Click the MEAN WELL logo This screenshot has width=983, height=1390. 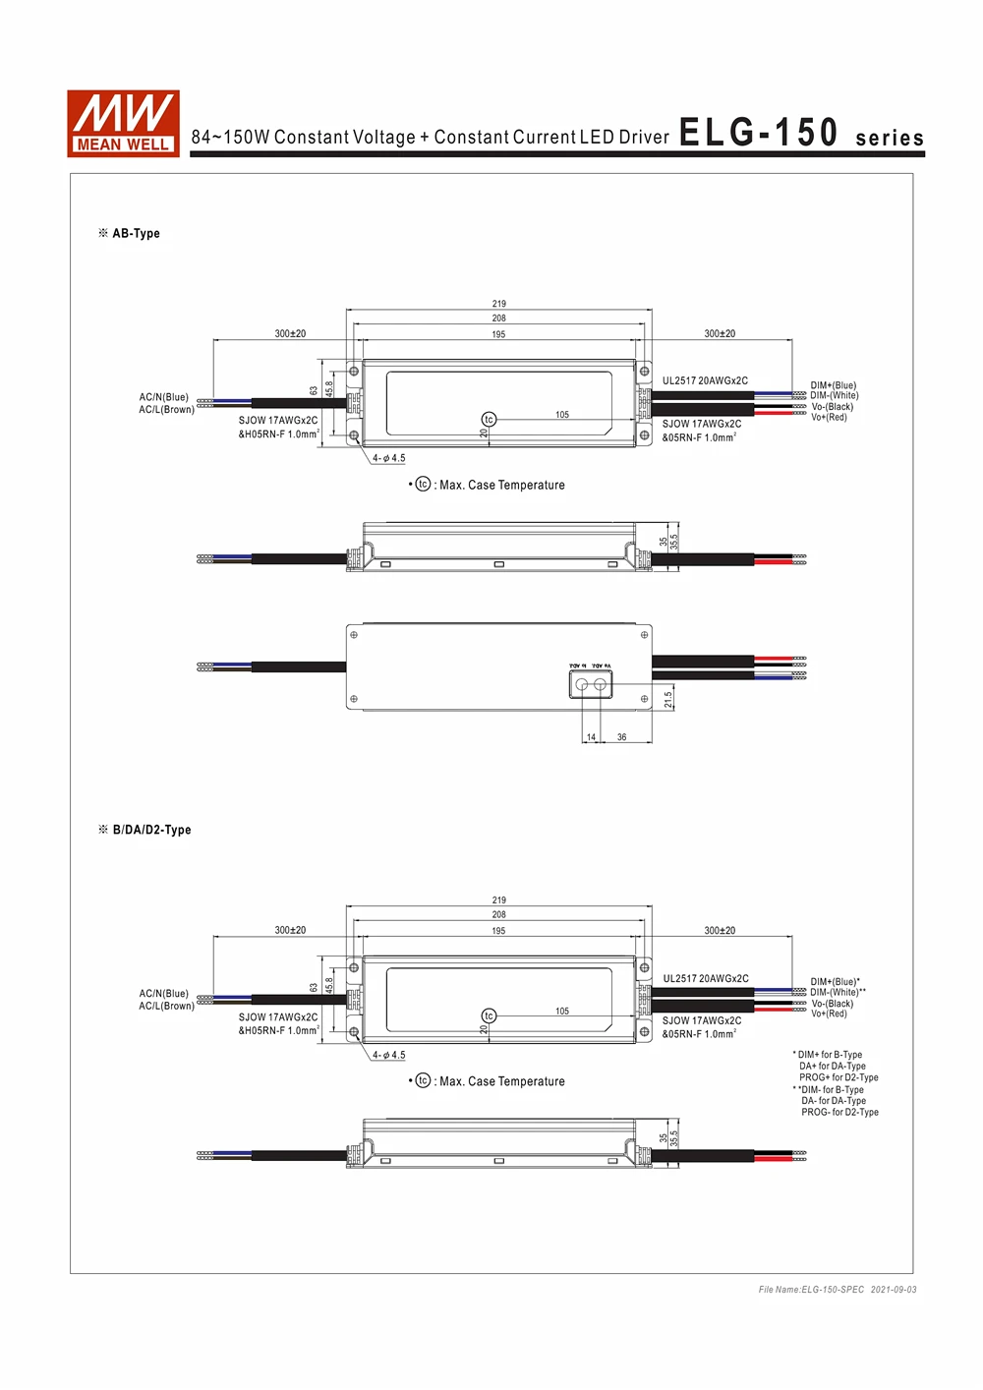[x=123, y=124]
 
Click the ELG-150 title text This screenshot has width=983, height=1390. [x=758, y=133]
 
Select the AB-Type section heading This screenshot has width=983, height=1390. [x=136, y=234]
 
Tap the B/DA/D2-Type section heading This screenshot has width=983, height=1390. [x=151, y=830]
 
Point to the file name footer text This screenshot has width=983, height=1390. [x=837, y=1290]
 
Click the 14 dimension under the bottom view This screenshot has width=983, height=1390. [x=591, y=737]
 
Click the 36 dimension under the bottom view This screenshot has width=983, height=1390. [x=621, y=737]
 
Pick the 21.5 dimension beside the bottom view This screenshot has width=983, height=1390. [x=668, y=699]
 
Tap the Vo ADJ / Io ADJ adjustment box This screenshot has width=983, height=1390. [x=590, y=683]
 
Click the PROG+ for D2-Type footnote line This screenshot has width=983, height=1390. [x=838, y=1077]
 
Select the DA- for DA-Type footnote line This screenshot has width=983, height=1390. [x=834, y=1101]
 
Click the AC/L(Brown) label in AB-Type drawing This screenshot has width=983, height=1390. [x=166, y=410]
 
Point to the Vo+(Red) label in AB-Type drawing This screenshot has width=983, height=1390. [x=829, y=418]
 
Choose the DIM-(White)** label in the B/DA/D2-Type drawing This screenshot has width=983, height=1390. [x=838, y=993]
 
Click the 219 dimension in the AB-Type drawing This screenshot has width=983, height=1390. [x=499, y=304]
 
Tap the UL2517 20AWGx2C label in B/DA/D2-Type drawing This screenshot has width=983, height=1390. [x=705, y=979]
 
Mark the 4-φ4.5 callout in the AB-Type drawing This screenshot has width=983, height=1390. [x=388, y=458]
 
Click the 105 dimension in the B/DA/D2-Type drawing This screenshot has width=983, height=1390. [x=562, y=1011]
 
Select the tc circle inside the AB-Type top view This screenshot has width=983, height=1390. [x=489, y=420]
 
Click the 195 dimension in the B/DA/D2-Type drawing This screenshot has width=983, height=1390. [x=499, y=931]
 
